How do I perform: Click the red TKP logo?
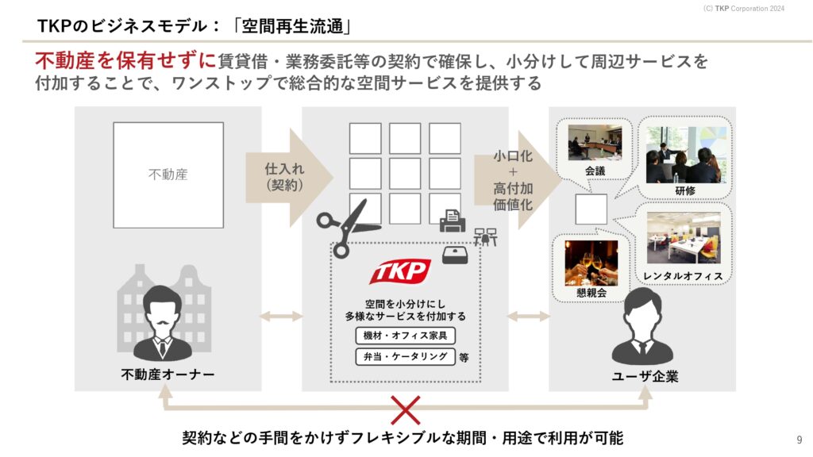(400, 271)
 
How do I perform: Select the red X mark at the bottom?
(406, 410)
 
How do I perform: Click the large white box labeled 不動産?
(168, 175)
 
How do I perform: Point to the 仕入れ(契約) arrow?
(289, 177)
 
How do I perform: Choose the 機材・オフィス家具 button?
(406, 336)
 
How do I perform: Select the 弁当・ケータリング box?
(406, 356)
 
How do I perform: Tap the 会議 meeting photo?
(595, 143)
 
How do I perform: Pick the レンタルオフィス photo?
(684, 238)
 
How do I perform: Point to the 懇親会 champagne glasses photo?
(591, 263)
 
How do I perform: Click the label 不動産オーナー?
(168, 374)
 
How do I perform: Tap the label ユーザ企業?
(645, 376)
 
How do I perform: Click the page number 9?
(799, 440)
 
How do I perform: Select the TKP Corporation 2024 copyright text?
(743, 8)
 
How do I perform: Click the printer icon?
(452, 221)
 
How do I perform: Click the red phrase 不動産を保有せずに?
(125, 60)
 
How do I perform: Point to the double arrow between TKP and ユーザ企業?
(528, 316)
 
